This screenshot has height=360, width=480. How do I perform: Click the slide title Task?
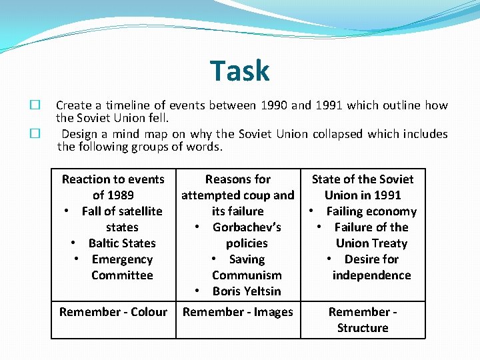click(239, 71)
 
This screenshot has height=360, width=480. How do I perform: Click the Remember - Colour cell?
click(113, 312)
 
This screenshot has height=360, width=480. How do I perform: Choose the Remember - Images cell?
click(238, 312)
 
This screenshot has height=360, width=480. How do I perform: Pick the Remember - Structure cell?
click(363, 320)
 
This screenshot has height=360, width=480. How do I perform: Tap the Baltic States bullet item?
click(121, 243)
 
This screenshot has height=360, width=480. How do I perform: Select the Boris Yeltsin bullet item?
click(247, 291)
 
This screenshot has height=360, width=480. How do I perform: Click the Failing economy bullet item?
click(371, 211)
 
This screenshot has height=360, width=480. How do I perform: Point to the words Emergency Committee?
click(122, 267)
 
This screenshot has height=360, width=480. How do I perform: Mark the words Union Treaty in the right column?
click(371, 243)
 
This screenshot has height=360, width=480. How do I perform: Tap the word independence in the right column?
click(371, 275)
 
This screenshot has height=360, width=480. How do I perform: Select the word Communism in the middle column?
click(247, 275)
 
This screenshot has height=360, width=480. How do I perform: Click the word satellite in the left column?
click(139, 211)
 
